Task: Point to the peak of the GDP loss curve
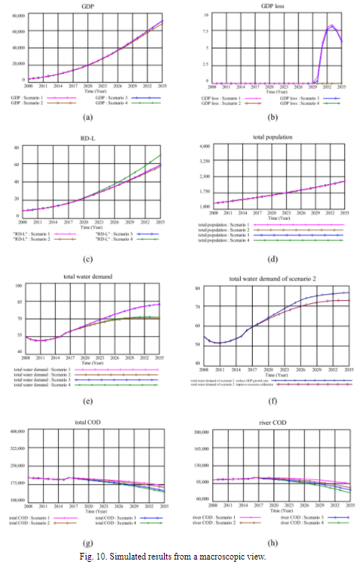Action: (x=330, y=25)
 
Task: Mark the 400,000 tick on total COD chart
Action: (x=16, y=432)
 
